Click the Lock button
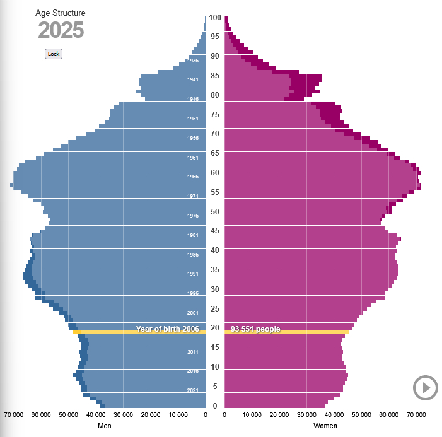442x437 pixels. [x=54, y=54]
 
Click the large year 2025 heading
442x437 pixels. [x=61, y=31]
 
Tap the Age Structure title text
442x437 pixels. [x=61, y=13]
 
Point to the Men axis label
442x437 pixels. [x=105, y=426]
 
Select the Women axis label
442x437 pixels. [x=325, y=426]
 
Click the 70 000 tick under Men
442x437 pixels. [x=14, y=415]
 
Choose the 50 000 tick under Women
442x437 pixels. [x=361, y=415]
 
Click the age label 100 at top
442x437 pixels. [x=215, y=18]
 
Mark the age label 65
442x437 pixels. [x=215, y=153]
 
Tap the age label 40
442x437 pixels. [x=215, y=250]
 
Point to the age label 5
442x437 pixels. [x=215, y=387]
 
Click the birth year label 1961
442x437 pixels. [x=193, y=158]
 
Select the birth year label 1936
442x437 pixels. [x=193, y=61]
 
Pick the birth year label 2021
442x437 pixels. [x=193, y=390]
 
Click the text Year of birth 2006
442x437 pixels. [x=168, y=329]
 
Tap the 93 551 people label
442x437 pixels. [x=255, y=329]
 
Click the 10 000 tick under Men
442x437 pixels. [x=178, y=415]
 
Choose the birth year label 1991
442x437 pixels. [x=193, y=274]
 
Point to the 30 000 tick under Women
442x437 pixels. [x=306, y=415]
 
